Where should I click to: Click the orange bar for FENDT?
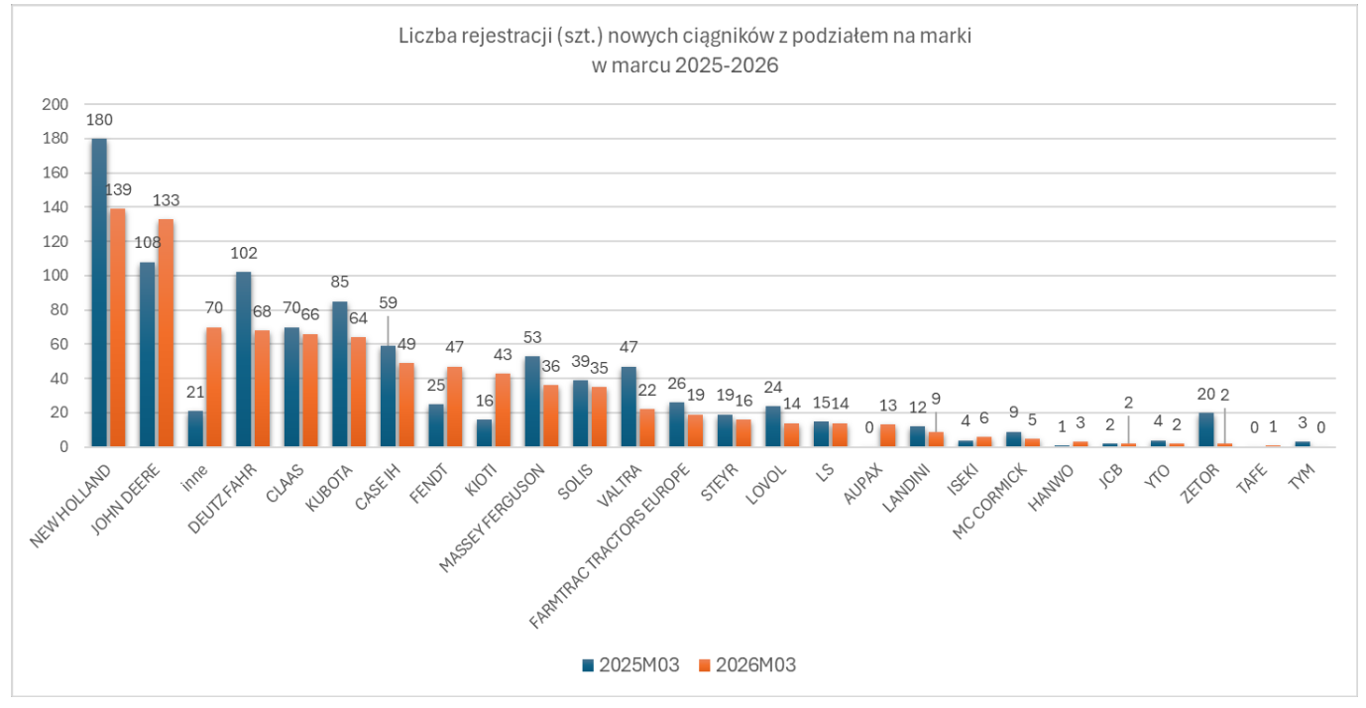click(x=454, y=407)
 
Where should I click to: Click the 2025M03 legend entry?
click(x=630, y=665)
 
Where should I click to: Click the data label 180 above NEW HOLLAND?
click(x=99, y=120)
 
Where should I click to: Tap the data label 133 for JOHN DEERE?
click(x=166, y=200)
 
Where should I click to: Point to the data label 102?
click(x=244, y=253)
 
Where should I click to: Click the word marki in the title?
click(x=950, y=37)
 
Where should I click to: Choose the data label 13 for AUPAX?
click(x=887, y=407)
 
